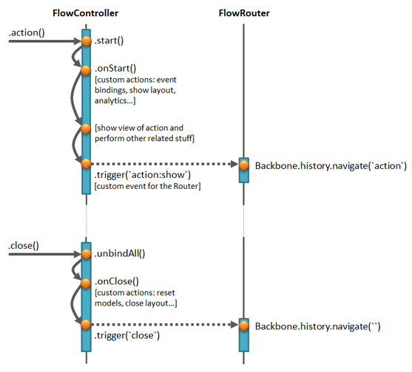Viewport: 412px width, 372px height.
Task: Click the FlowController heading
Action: tap(85, 13)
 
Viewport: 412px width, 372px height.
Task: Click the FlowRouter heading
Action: tap(244, 13)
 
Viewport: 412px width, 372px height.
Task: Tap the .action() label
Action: tap(27, 32)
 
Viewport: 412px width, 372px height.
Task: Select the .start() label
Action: tap(109, 41)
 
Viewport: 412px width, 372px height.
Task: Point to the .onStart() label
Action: tap(115, 69)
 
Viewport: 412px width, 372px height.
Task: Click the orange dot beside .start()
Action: tap(87, 41)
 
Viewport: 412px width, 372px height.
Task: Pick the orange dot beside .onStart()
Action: tap(86, 70)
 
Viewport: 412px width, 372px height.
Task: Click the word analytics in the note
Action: tap(110, 100)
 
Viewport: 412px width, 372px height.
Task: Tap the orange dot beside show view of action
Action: tap(86, 128)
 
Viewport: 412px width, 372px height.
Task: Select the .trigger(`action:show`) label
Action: tap(143, 175)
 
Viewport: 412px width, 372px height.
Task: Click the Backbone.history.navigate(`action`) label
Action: tap(331, 166)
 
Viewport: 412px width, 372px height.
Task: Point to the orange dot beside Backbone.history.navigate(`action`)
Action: tap(244, 165)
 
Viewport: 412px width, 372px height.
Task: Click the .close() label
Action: tap(24, 246)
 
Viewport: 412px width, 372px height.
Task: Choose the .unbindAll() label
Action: tap(120, 253)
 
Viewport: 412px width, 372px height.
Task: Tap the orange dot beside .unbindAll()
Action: tap(87, 254)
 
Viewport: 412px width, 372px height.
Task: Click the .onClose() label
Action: tap(117, 281)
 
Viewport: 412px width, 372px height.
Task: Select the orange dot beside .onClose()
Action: tap(86, 283)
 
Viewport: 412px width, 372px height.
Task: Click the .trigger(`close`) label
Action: tap(127, 336)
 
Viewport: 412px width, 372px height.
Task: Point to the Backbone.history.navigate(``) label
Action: tap(317, 327)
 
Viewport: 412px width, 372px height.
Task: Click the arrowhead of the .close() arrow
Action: tap(78, 254)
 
